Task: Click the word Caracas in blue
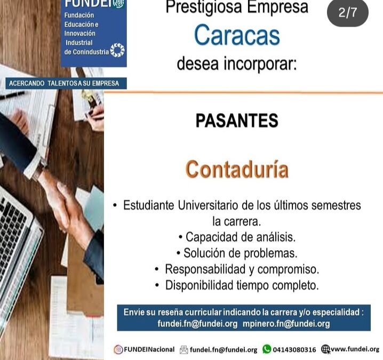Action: (236, 36)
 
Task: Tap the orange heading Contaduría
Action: (236, 169)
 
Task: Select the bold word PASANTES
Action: (236, 121)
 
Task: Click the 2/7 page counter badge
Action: (348, 13)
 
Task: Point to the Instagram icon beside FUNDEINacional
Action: (118, 350)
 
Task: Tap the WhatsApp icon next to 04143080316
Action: (267, 350)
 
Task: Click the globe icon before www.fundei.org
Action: (325, 350)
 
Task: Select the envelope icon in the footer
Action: (183, 350)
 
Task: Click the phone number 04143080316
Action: (294, 350)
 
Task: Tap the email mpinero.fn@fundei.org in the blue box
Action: (286, 324)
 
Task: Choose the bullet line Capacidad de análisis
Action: (236, 237)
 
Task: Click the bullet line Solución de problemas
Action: (236, 253)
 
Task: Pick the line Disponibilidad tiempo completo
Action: (236, 285)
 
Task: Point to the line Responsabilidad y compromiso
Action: (236, 269)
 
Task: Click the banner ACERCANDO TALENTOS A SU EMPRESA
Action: (64, 84)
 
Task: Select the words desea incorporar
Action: (236, 64)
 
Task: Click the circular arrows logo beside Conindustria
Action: (117, 51)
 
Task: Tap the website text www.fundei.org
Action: (355, 350)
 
